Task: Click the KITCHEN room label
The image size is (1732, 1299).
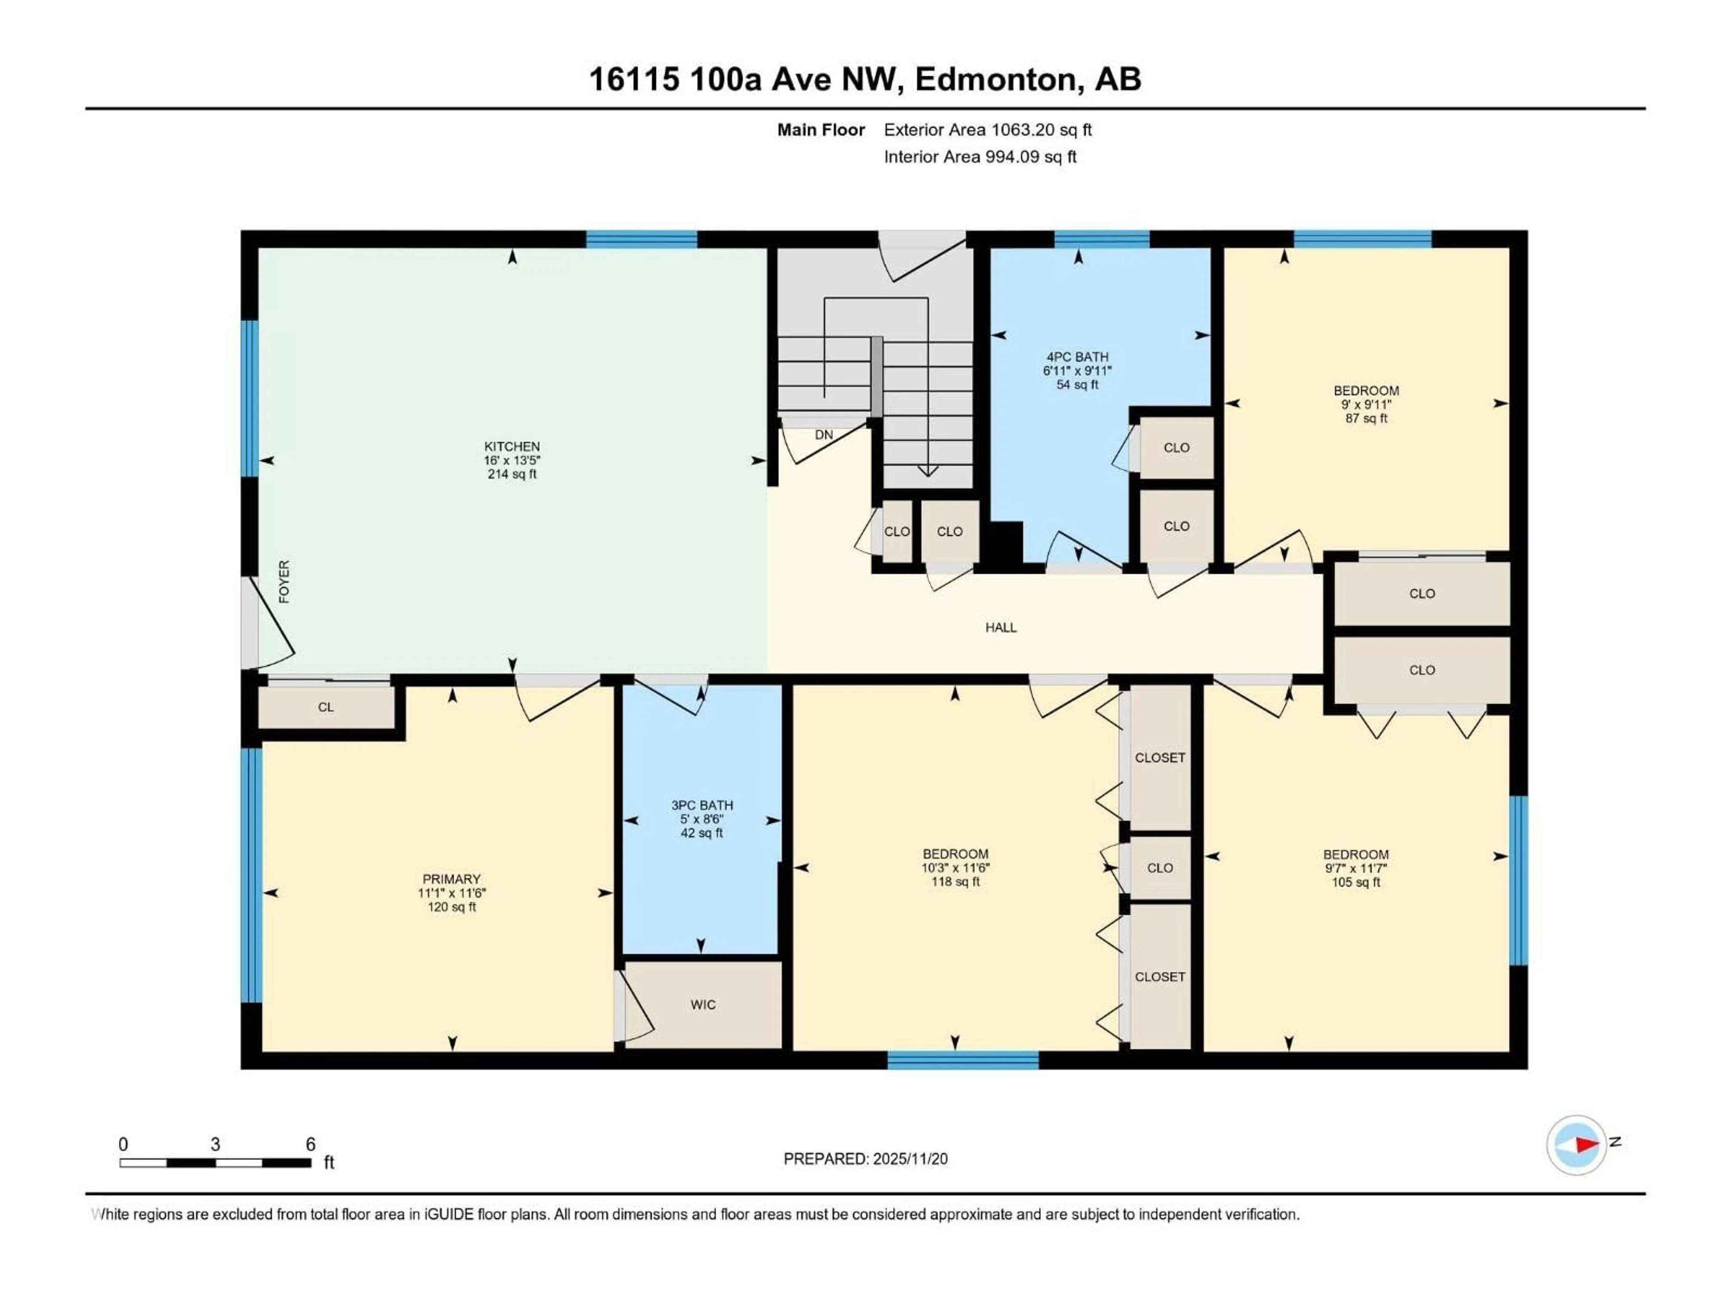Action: pyautogui.click(x=511, y=447)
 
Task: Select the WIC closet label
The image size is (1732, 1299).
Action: pyautogui.click(x=702, y=1004)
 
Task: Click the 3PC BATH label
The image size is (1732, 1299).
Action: pyautogui.click(x=701, y=805)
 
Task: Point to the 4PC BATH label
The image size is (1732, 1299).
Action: pyautogui.click(x=1078, y=357)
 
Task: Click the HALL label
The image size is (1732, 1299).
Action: pyautogui.click(x=1001, y=627)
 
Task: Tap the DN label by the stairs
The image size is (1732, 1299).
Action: pyautogui.click(x=824, y=434)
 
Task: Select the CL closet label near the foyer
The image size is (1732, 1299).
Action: pyautogui.click(x=326, y=707)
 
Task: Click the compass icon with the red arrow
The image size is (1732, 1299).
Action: pyautogui.click(x=1576, y=1145)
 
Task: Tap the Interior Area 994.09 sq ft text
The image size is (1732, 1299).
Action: pyautogui.click(x=980, y=157)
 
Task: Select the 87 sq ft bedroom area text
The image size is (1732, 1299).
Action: pyautogui.click(x=1366, y=418)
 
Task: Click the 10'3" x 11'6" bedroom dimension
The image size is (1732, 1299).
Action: pyautogui.click(x=955, y=867)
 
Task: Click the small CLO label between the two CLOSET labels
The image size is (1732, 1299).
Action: pyautogui.click(x=1160, y=867)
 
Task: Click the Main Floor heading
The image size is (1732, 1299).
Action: pyautogui.click(x=820, y=130)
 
